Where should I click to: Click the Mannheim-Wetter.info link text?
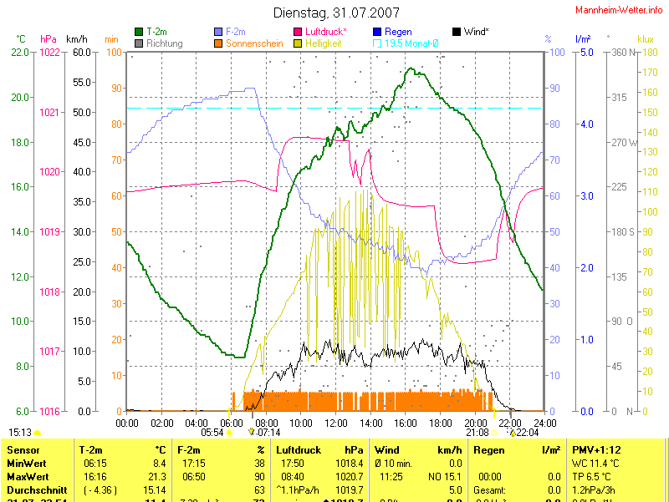coord(620,10)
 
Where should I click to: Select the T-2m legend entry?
coord(157,32)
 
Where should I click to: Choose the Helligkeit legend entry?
coord(323,43)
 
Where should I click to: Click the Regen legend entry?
coord(398,32)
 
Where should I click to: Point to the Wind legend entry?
coord(476,32)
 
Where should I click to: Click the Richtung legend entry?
coord(164,43)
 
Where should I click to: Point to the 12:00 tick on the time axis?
coord(335,423)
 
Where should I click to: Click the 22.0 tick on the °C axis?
coord(21,52)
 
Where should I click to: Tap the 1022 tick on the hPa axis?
coord(49,52)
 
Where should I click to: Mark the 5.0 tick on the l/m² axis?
coord(586,52)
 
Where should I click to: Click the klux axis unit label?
coord(645,38)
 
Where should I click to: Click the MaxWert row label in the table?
coord(28,476)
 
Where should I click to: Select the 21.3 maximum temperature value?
coord(158,476)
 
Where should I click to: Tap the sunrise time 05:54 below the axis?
coord(212,433)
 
